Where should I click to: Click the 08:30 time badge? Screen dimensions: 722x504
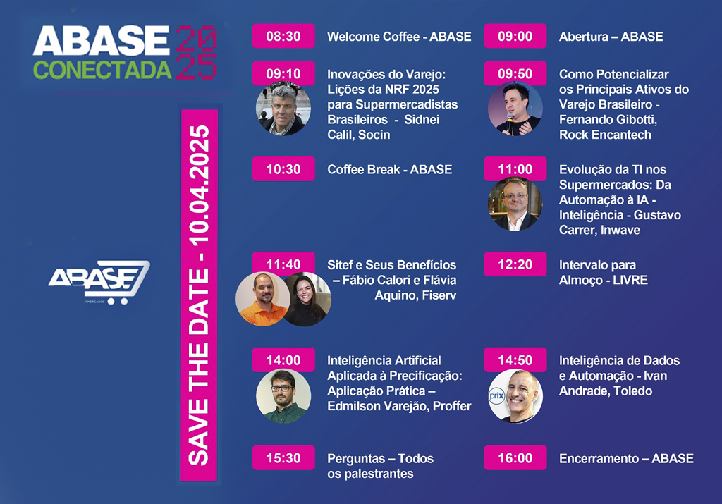[x=283, y=36]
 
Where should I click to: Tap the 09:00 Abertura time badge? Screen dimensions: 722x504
[x=515, y=36]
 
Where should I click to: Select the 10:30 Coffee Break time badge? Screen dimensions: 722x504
[x=283, y=169]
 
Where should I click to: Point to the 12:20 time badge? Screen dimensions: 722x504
[x=515, y=264]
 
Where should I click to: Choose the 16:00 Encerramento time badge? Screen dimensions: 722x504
[x=515, y=457]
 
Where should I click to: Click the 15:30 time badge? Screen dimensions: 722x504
[x=283, y=457]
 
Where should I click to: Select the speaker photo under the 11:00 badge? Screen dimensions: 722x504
[x=515, y=204]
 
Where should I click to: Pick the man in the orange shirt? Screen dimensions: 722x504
[x=262, y=299]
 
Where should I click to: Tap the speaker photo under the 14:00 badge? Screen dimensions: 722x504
[x=283, y=396]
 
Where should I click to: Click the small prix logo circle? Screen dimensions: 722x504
[x=497, y=396]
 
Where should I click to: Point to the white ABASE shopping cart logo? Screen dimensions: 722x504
[x=99, y=282]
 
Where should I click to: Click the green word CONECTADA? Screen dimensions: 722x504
[x=102, y=70]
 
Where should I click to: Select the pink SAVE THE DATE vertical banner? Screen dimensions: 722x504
[x=199, y=295]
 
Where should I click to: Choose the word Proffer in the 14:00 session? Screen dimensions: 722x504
[x=452, y=406]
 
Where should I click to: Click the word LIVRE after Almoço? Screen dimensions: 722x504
[x=630, y=280]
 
